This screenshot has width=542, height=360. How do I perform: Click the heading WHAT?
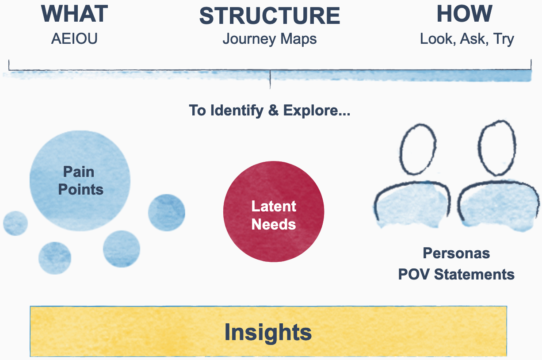tap(74, 14)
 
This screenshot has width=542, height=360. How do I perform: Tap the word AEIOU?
tap(74, 39)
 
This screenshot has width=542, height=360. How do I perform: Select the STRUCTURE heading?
tap(270, 16)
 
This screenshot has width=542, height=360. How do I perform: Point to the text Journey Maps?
tap(270, 39)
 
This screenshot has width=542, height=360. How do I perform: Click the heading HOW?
tap(464, 14)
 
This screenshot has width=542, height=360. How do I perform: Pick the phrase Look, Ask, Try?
tap(467, 39)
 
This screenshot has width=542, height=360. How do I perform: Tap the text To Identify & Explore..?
tap(270, 110)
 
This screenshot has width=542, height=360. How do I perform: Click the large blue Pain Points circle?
tap(80, 180)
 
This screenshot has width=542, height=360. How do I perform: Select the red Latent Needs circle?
tap(274, 211)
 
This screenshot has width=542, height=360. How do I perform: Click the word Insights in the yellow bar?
tap(268, 332)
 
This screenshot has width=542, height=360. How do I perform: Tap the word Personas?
tap(456, 253)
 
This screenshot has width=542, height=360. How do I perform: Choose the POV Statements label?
tap(456, 274)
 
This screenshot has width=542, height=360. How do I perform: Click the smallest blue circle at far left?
tap(15, 223)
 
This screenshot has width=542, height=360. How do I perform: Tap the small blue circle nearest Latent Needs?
tap(166, 213)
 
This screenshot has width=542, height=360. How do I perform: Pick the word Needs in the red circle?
tap(274, 224)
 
